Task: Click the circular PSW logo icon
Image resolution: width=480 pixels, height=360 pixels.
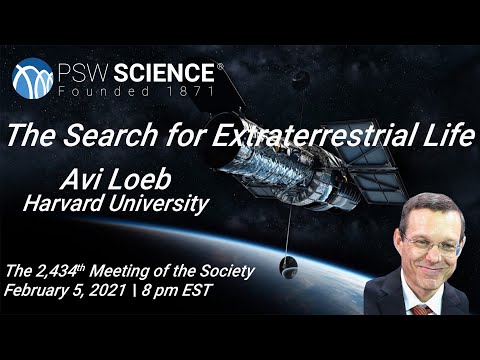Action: point(33,77)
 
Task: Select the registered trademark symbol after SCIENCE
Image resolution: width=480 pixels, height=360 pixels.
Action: point(219,64)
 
